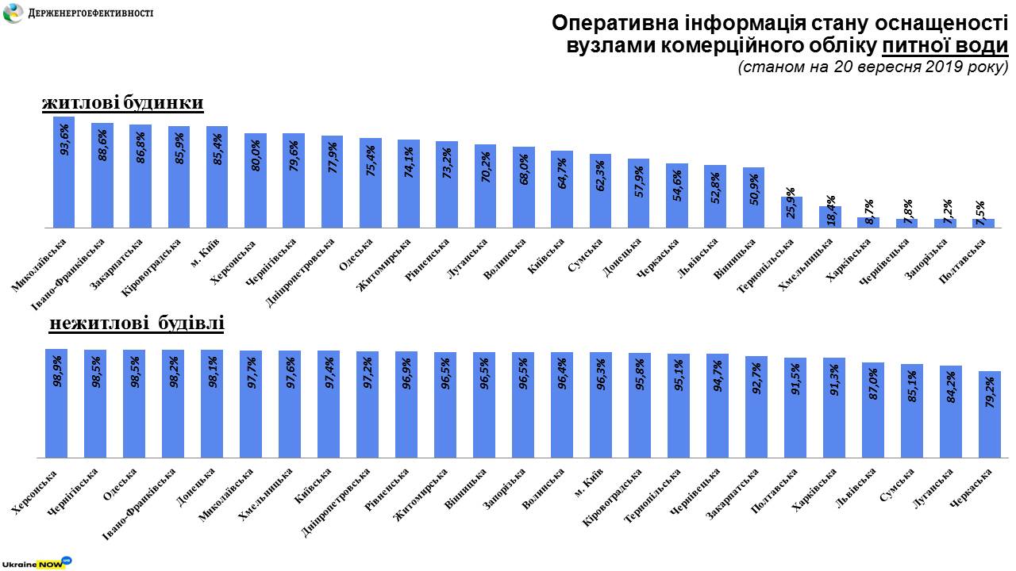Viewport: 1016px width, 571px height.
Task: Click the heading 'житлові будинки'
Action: (x=123, y=103)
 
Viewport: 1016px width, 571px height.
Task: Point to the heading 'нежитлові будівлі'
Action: (x=137, y=324)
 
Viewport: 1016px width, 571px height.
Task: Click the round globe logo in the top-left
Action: (x=13, y=13)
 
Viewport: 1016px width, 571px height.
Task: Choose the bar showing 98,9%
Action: (x=56, y=403)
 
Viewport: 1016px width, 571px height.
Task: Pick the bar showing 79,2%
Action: (x=989, y=414)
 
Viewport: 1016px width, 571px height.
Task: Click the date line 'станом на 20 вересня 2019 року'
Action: (x=872, y=67)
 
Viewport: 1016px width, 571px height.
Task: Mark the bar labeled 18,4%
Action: (x=830, y=217)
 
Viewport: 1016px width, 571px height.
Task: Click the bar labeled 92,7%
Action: (x=756, y=407)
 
